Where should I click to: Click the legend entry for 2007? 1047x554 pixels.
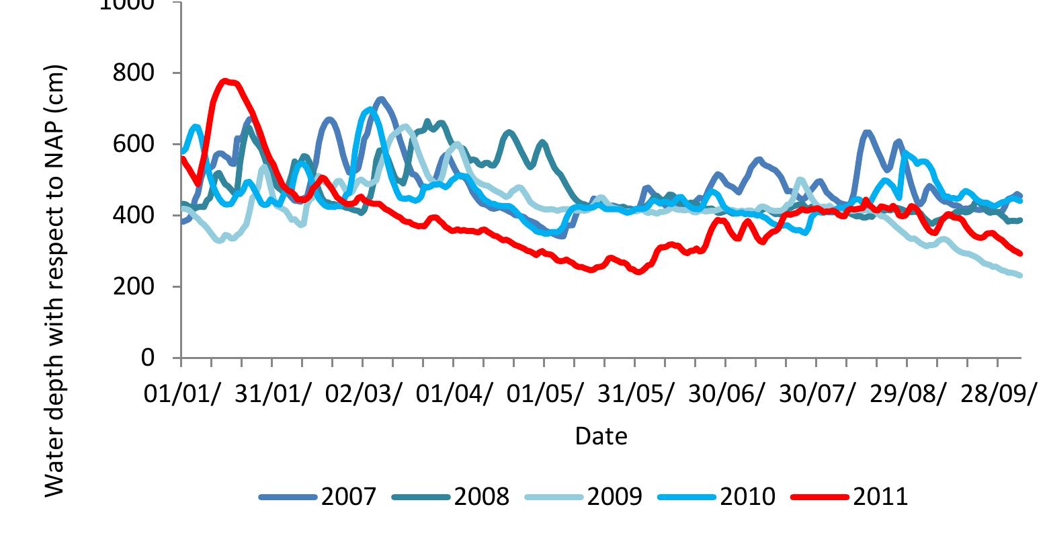(317, 497)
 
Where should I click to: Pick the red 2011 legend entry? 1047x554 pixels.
(849, 497)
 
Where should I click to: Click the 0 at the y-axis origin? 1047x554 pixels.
(148, 358)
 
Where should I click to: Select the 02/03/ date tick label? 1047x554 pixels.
(364, 393)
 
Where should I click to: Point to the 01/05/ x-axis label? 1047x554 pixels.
(545, 393)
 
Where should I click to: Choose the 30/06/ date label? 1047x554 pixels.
(726, 393)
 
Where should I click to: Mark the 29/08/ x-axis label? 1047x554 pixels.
(908, 393)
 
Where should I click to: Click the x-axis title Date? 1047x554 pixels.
(601, 436)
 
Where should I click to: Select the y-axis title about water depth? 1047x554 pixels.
(56, 281)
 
